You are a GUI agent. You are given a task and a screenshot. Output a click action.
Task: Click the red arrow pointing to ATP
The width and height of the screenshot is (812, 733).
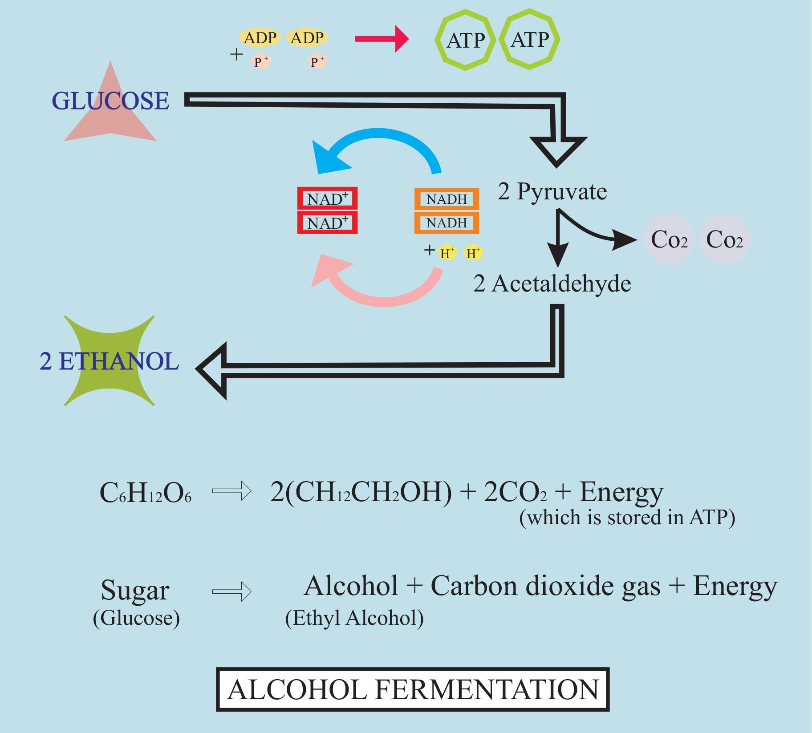pos(381,40)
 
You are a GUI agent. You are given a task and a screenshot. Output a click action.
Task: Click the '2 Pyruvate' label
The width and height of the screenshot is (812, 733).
pos(552,192)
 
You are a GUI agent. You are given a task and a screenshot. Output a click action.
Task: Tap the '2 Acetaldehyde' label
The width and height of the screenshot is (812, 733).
pos(552,283)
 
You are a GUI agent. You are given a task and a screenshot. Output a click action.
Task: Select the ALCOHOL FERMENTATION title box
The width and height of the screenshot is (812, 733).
pos(413,689)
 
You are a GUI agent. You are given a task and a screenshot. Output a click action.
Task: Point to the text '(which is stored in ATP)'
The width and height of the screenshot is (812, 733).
pos(627,518)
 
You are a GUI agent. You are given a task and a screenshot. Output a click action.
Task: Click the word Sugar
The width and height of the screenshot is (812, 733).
pos(134,591)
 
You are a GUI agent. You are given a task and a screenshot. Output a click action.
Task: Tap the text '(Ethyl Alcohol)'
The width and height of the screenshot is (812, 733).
pos(354,618)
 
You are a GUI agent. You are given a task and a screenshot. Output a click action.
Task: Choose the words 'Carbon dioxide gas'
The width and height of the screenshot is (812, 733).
pos(545,586)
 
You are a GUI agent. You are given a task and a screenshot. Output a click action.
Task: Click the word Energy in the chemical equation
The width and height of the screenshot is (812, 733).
pos(621,492)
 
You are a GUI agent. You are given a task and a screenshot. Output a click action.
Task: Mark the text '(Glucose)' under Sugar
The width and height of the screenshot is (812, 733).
pos(136,618)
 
